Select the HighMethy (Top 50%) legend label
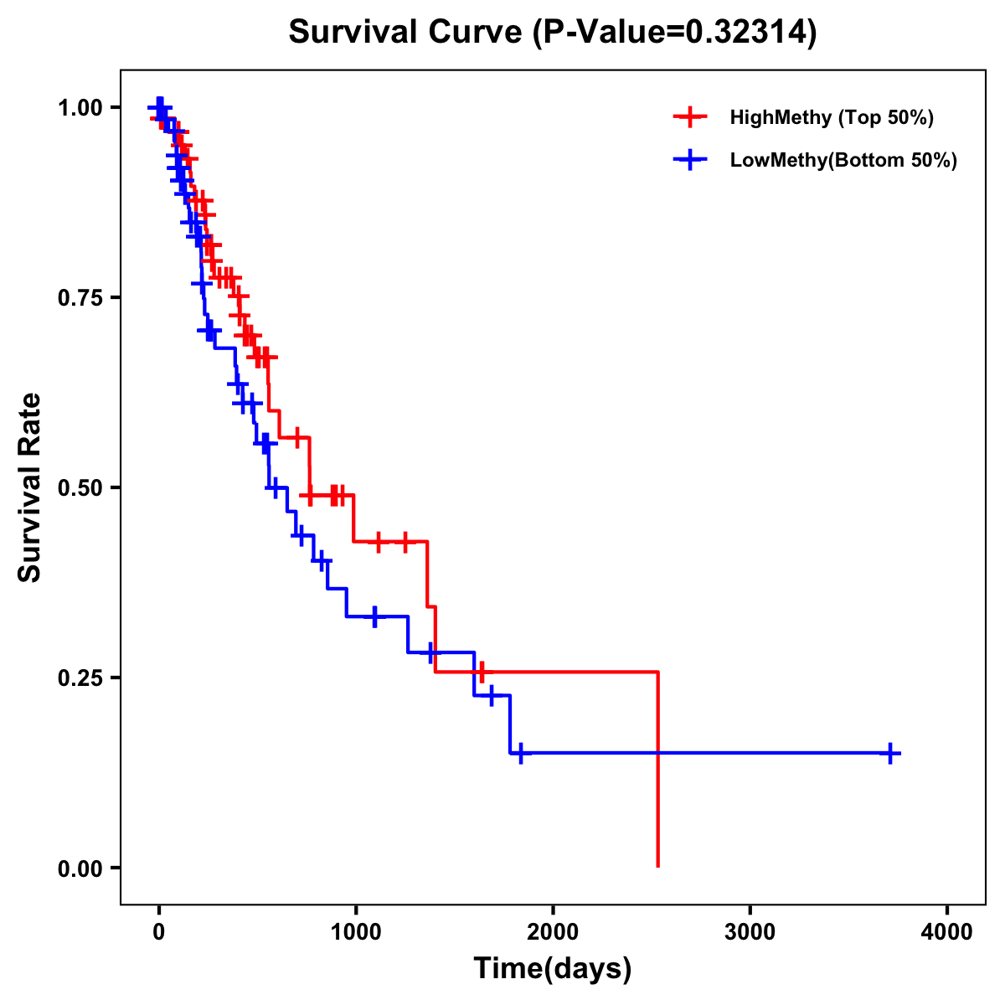(831, 117)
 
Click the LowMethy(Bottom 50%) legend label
(843, 160)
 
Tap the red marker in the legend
(689, 117)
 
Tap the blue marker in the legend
(689, 160)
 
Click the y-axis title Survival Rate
(30, 487)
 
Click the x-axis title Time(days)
(553, 969)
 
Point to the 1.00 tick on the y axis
(79, 107)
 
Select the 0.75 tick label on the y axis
(79, 297)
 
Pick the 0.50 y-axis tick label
(79, 487)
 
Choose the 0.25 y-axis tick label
(79, 678)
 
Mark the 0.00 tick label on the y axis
(79, 868)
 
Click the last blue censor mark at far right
(890, 753)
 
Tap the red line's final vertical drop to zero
(658, 770)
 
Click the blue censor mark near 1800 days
(519, 753)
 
